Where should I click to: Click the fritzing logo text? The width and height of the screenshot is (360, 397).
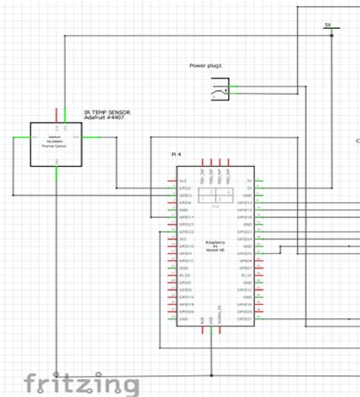point(81,382)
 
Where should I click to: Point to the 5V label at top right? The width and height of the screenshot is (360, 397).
point(328,25)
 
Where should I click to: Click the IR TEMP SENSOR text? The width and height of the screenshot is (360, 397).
point(106,111)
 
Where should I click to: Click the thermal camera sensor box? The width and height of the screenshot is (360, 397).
point(56,143)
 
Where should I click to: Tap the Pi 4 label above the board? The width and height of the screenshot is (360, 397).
point(176,154)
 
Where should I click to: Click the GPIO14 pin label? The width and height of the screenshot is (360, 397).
point(245,203)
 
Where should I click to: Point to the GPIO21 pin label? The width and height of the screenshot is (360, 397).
point(245,319)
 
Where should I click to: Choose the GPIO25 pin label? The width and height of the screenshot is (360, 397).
point(245,254)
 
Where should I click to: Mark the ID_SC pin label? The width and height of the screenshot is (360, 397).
point(245,276)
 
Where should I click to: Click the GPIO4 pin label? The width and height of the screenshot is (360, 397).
point(185,203)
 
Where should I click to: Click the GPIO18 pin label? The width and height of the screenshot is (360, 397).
point(245,218)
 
